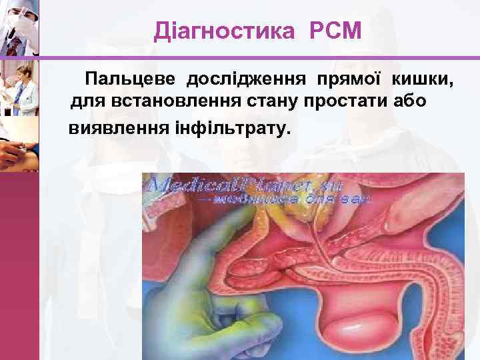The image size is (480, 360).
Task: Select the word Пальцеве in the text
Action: pos(131,80)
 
